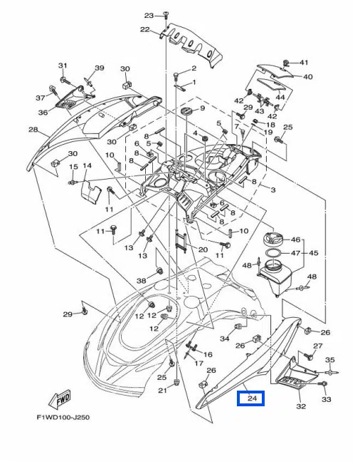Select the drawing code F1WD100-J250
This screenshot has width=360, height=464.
pos(68,418)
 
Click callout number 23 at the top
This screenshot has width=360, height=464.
pos(149,16)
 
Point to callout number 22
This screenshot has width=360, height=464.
pos(144,30)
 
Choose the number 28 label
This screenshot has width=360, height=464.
pos(33,130)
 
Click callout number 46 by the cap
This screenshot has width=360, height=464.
pos(296,239)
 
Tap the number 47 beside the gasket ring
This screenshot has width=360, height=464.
pos(296,253)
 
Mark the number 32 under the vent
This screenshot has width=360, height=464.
pos(301,407)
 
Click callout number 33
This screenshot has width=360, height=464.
pos(327,400)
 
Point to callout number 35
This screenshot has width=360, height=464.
pos(330,360)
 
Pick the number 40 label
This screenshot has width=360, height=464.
pos(308,77)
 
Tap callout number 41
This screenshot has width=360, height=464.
pos(304,63)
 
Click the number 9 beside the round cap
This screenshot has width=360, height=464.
pos(202,108)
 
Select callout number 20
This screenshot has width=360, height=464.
pos(203,249)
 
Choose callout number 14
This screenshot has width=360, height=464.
pos(87,166)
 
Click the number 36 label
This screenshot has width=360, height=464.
pos(43,113)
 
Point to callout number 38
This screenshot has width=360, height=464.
pos(141,281)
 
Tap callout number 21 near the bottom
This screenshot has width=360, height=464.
pos(162,391)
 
